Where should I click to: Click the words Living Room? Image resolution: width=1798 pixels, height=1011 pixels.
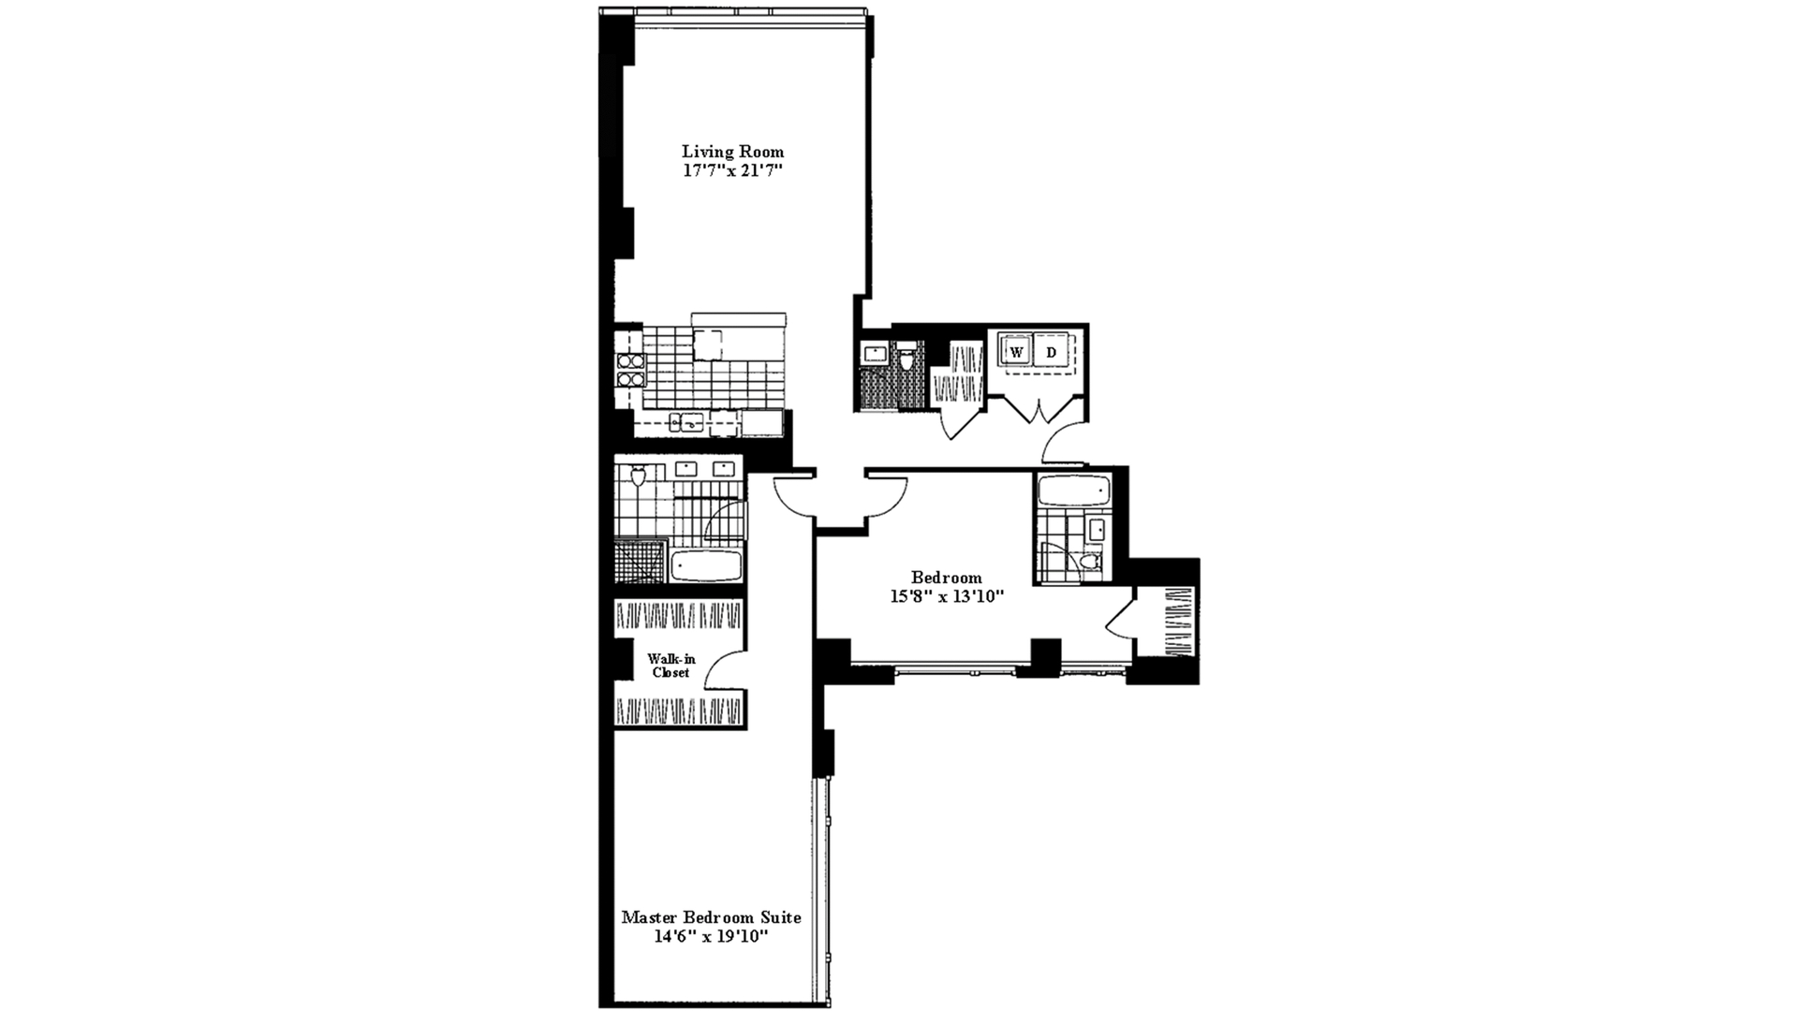coord(732,152)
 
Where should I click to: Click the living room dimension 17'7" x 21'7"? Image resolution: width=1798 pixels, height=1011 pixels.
coord(732,171)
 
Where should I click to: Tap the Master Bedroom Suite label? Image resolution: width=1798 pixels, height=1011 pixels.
coord(711,917)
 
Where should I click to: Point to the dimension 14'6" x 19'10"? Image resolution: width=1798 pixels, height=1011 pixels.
coord(711,937)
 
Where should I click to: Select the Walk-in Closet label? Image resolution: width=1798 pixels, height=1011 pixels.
coord(671,666)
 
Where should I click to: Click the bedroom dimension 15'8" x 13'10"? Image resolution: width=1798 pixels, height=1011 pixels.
coord(947,597)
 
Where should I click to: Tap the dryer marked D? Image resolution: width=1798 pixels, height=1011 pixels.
coord(1052,352)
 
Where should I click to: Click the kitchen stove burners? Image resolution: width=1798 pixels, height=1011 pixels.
coord(628,371)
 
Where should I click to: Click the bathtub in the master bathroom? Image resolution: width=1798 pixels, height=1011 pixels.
coord(706,565)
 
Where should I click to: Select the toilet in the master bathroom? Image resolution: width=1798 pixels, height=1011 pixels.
coord(639,478)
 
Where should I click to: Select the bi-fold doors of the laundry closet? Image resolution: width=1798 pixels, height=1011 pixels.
coord(1035,409)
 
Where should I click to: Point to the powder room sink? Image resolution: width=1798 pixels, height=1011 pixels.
coord(875,354)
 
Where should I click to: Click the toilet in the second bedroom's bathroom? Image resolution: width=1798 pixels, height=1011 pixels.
coord(1087,563)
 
